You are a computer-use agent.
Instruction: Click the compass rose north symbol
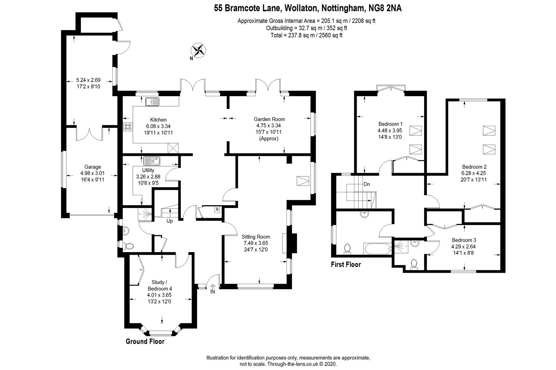coord(198,51)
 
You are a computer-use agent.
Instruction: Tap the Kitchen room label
coord(158,120)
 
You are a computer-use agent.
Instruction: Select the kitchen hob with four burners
coord(128,127)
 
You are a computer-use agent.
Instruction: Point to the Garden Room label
coord(269,119)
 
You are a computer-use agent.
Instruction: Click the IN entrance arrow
coord(212,292)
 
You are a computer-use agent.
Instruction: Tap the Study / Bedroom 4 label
coord(159,285)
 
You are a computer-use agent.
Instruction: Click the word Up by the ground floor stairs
coord(169,221)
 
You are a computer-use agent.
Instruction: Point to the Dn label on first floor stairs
coord(367,184)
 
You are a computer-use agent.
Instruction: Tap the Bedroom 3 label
coord(464,240)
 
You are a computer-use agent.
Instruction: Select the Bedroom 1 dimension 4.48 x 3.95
coord(390,130)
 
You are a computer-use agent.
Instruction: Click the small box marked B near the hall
coord(216,209)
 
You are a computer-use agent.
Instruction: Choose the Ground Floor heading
coord(145,342)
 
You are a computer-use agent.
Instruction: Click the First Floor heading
coord(346,264)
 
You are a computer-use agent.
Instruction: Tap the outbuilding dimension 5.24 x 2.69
coord(88,80)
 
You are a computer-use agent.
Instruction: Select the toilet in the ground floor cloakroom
coord(129,246)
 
